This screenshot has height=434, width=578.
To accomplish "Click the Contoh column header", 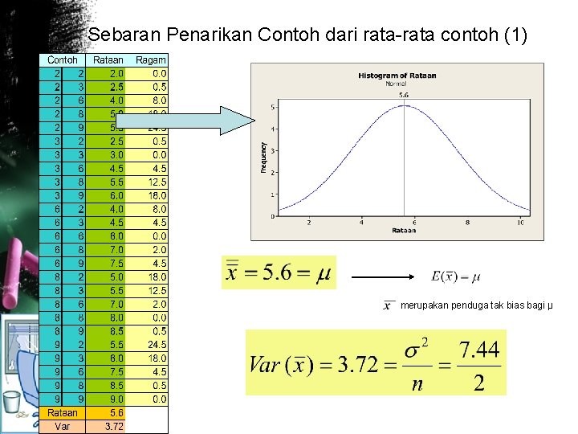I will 63,60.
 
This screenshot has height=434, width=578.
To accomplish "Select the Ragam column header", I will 151,60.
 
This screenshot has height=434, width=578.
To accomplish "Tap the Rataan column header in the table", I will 108,60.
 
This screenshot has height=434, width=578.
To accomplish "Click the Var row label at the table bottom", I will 63,426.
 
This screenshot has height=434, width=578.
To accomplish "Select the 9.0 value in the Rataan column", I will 116,399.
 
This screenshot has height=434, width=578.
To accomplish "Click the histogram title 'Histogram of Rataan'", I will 397,76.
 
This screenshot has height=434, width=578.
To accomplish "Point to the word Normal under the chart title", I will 396,84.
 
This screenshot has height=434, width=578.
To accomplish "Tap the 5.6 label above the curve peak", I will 403,94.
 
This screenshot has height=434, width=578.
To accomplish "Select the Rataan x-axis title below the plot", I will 403,231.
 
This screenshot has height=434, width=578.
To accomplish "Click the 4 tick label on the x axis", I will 361,223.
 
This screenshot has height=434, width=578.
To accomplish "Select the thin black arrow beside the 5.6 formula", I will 385,277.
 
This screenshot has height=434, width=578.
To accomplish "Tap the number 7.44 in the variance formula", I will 479,350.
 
